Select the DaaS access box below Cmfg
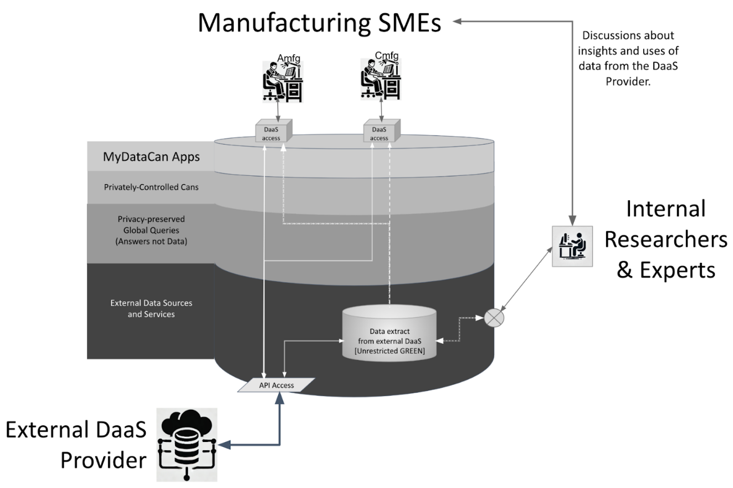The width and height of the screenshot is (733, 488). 380,132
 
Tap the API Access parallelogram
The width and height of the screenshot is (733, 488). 276,385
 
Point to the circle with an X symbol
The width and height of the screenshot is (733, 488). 493,317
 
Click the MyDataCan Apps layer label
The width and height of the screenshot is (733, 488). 151,157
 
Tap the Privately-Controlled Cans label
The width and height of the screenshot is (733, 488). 151,187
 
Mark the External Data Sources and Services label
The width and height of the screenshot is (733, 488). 151,308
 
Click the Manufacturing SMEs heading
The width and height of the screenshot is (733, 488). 320,23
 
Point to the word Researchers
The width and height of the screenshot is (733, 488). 665,239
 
